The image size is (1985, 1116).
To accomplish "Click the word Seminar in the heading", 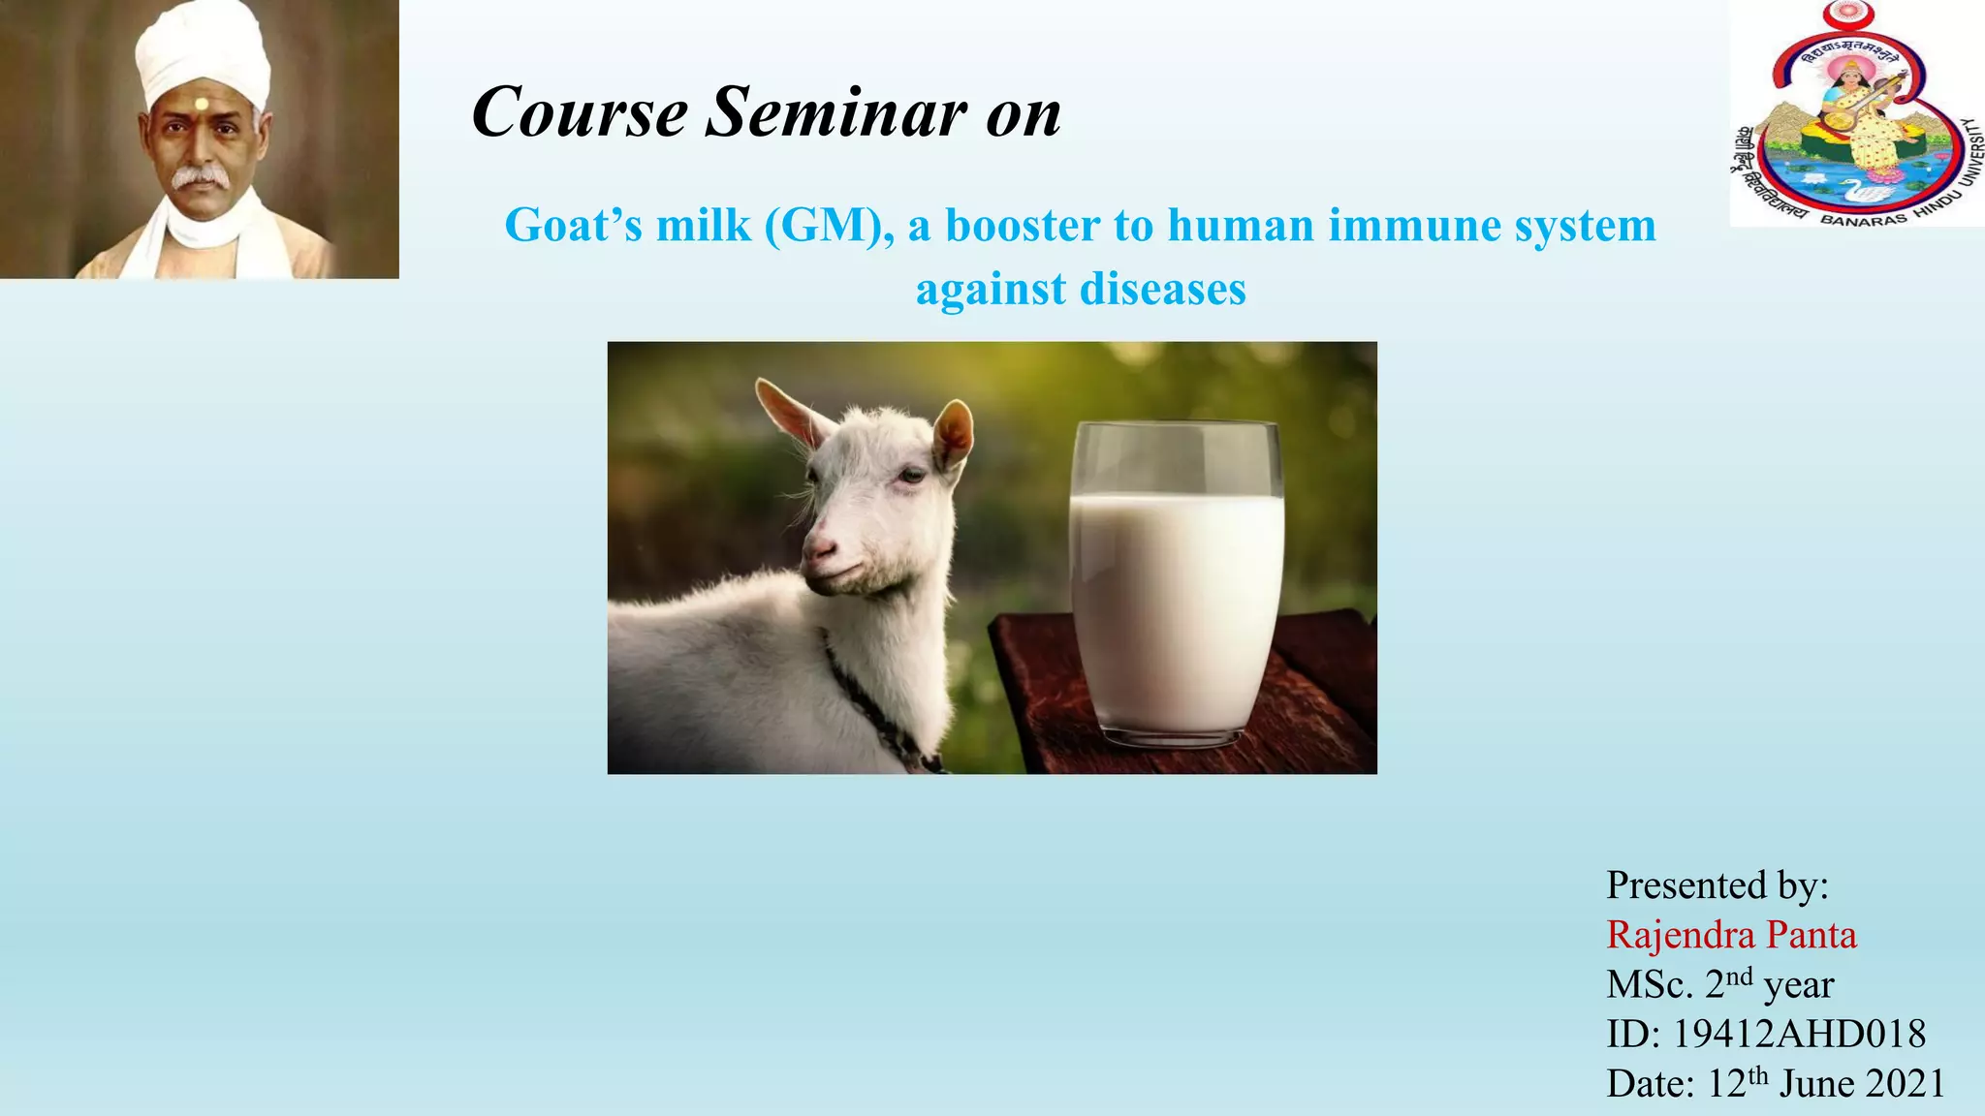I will click(x=835, y=112).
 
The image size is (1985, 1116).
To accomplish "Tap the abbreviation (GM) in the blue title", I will click(x=829, y=226).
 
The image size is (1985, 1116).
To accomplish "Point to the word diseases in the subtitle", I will click(x=1162, y=289).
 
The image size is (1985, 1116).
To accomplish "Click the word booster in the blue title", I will click(x=1023, y=226).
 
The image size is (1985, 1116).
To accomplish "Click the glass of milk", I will click(x=1177, y=581).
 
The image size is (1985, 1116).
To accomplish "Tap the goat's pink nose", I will click(x=820, y=552).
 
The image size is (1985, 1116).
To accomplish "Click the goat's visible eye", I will click(x=911, y=475).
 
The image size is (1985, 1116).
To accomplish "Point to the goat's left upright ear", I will click(x=790, y=412).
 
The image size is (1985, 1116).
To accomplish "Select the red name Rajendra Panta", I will click(x=1731, y=935).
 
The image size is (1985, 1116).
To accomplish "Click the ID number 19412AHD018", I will click(x=1799, y=1035).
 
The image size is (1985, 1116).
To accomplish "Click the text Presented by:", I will click(x=1717, y=884).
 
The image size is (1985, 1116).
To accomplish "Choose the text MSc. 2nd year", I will click(x=1719, y=985).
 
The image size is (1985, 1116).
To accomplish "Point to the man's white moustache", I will click(x=199, y=176).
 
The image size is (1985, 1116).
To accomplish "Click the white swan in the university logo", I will click(x=1866, y=190).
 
